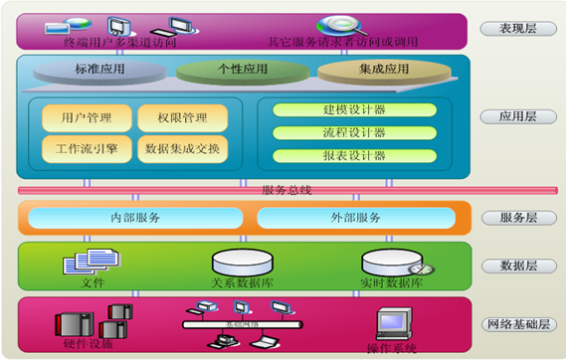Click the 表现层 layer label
click(x=517, y=28)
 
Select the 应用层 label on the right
click(x=517, y=117)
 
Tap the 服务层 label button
click(x=517, y=218)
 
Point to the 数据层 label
click(x=517, y=266)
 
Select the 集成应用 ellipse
click(x=378, y=71)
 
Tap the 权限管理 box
click(x=182, y=118)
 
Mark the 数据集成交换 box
click(x=182, y=150)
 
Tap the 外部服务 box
click(x=354, y=218)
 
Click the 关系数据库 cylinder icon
click(x=241, y=263)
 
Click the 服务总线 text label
click(x=286, y=190)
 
